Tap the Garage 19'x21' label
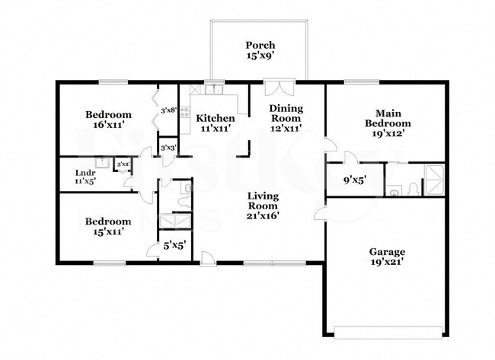[x=388, y=256]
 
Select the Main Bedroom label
[x=388, y=123]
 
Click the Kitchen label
[x=216, y=123]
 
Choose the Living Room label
[x=262, y=205]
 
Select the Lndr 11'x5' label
[x=85, y=177]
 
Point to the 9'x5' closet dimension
[x=353, y=181]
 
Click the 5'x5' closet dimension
[x=174, y=246]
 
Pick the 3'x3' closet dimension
[x=168, y=147]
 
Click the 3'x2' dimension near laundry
[x=122, y=164]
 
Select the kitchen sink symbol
[x=213, y=90]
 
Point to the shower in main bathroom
[x=433, y=179]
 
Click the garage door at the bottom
[x=388, y=332]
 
